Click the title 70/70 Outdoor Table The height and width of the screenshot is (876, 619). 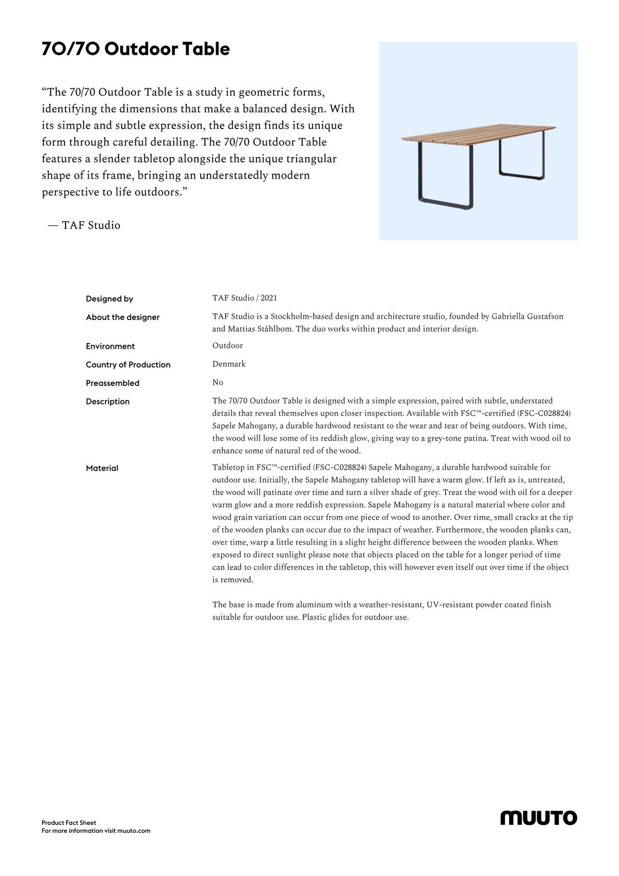point(136,49)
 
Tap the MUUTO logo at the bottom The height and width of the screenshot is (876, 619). point(539,818)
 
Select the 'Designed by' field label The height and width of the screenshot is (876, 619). point(109,299)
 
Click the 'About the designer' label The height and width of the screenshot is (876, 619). point(123,317)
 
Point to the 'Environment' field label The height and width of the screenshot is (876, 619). point(110,346)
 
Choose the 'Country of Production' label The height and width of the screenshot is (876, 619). point(128,365)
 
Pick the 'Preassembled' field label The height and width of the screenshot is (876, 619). point(112,383)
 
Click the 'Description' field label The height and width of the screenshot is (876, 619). point(108,401)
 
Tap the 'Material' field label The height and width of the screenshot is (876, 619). point(102,468)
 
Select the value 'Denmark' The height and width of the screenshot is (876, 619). point(229,364)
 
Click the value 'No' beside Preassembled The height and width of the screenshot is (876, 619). point(218,382)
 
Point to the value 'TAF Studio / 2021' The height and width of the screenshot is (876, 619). point(245,298)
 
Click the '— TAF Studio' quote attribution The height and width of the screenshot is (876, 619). point(84,225)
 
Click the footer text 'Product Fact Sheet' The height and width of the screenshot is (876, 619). point(69,823)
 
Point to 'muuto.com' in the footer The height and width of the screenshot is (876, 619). point(134,831)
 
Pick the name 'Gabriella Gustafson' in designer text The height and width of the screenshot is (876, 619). point(527,316)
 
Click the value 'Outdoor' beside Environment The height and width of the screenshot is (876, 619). point(227,346)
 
